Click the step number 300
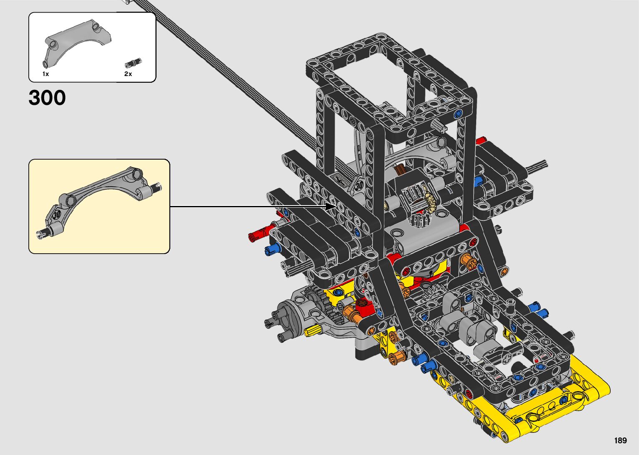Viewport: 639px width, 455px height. (x=47, y=98)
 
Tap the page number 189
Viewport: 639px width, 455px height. (x=621, y=440)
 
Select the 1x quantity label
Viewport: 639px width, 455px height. (x=45, y=74)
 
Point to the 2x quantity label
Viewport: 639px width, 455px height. (x=128, y=74)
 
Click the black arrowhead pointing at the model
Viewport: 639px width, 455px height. (x=331, y=206)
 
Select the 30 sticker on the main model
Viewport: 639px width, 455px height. (x=359, y=186)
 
